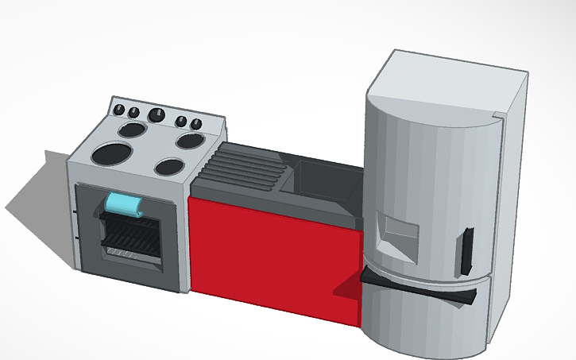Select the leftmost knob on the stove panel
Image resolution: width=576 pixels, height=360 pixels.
coord(119,109)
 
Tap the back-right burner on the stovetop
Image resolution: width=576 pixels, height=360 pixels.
coord(191,141)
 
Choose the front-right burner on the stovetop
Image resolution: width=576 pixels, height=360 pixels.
coord(168,167)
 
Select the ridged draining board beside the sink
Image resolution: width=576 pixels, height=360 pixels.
coord(242,168)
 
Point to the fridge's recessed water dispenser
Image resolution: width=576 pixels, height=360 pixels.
coord(396,235)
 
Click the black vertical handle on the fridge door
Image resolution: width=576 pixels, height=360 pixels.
coord(466,251)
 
